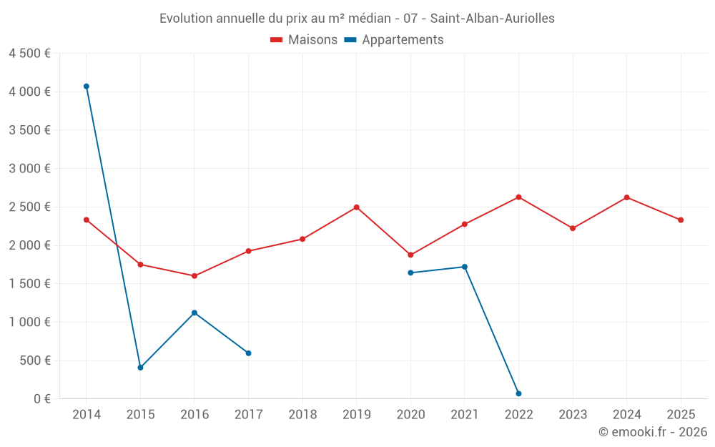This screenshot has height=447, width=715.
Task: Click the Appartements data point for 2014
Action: tap(87, 87)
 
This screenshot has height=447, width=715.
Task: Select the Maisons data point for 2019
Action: tap(356, 207)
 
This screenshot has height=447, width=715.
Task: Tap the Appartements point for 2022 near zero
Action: tap(518, 393)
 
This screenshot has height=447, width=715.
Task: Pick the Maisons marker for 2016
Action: tap(194, 276)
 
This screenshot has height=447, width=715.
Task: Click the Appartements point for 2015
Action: tap(140, 368)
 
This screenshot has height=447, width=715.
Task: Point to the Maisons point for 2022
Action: tap(518, 197)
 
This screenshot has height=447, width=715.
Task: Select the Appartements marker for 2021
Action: tap(465, 267)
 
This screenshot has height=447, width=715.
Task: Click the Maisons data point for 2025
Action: tap(681, 220)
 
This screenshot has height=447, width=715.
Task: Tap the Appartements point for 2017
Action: tap(248, 353)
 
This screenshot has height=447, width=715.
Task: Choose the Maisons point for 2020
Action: tap(410, 255)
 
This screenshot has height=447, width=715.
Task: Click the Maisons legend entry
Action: tap(304, 40)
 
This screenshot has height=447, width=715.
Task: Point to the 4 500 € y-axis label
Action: tap(29, 54)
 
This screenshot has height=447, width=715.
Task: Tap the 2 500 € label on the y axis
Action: tap(29, 207)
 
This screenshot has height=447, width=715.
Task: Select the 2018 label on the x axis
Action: tap(302, 415)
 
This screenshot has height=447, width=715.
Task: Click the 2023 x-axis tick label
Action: tap(573, 415)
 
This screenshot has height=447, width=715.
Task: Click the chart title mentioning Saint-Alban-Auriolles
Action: tap(357, 19)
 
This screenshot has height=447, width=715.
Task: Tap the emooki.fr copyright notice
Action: tap(653, 432)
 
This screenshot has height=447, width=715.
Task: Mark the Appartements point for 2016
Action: tap(194, 313)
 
